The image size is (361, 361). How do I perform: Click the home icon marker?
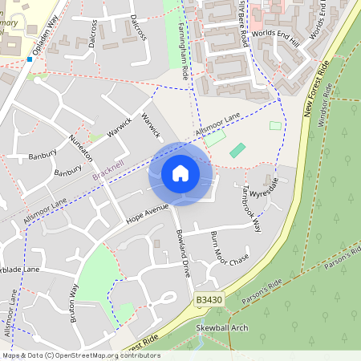[180, 173]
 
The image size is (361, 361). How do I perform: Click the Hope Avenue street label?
[148, 213]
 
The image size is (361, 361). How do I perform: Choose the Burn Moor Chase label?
[229, 249]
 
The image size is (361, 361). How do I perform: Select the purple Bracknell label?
[108, 172]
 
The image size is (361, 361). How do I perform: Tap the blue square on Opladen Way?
[29, 59]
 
